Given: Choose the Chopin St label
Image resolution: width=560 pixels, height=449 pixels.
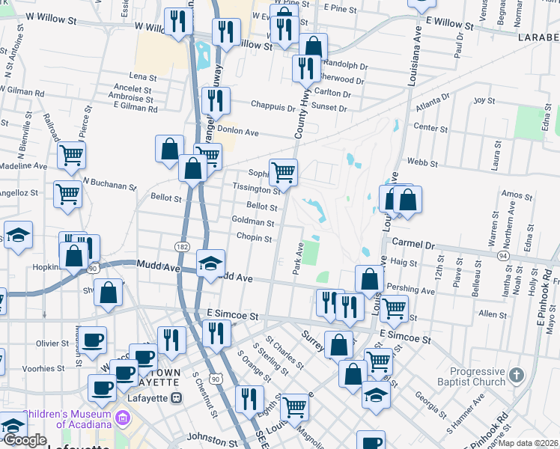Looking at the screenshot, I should pos(254,238).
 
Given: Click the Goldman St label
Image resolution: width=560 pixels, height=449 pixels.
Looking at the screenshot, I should pos(253,222).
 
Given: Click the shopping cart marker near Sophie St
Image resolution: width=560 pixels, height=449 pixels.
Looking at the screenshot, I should pos(283,173).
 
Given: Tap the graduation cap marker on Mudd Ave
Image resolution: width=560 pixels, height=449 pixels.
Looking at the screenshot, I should pos(211,263).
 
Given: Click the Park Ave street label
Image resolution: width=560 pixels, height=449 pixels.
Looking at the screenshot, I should pos(298,258).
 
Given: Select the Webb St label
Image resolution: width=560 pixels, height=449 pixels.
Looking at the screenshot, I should pos(421,162).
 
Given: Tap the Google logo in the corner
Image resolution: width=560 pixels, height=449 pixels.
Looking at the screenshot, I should pos(24,441).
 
